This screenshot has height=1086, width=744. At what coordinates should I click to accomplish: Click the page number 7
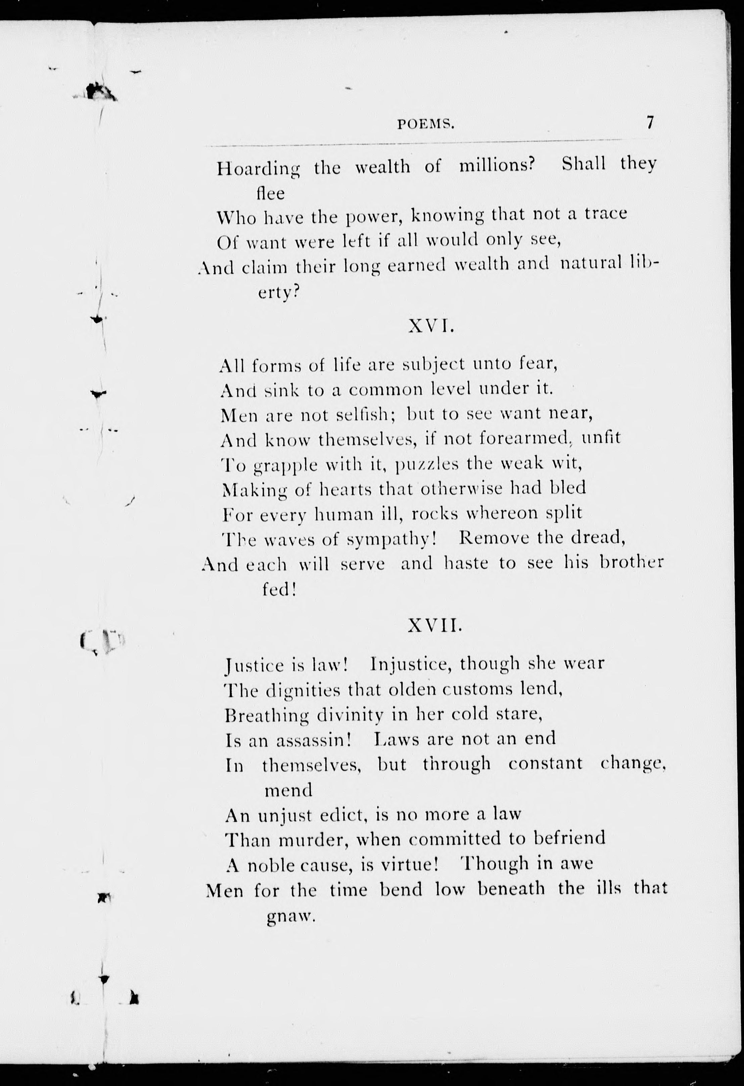650,122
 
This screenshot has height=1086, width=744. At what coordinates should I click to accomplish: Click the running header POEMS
425,124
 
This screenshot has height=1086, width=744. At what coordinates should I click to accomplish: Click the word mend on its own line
288,791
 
